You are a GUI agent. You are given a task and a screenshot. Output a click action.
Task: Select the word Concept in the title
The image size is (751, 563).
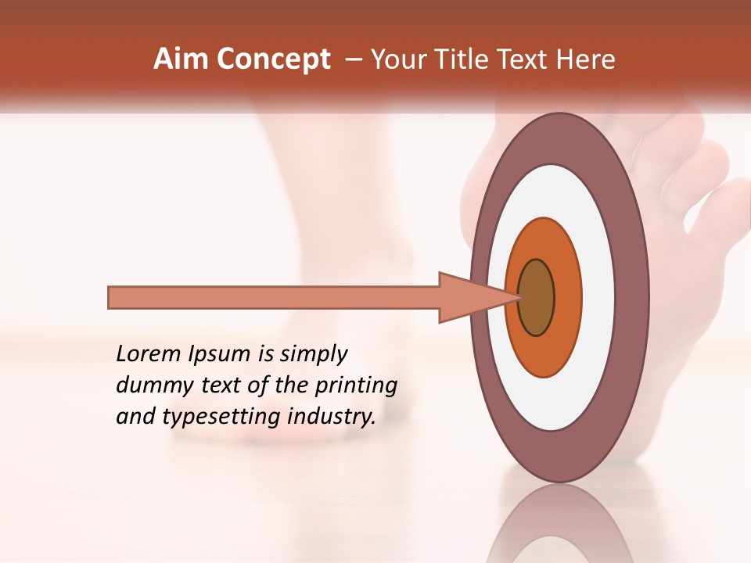(x=273, y=60)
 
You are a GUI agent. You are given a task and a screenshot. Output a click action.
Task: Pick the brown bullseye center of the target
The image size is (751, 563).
(x=536, y=297)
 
